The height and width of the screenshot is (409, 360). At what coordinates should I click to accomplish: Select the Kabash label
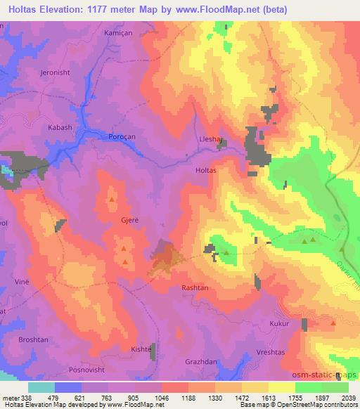[60, 127]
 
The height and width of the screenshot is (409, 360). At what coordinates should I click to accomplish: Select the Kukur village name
[279, 324]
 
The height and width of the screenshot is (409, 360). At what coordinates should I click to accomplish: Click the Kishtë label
[141, 349]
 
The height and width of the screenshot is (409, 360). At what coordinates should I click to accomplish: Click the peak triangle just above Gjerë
[112, 200]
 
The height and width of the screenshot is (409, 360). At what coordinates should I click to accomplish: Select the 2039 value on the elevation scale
[348, 397]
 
